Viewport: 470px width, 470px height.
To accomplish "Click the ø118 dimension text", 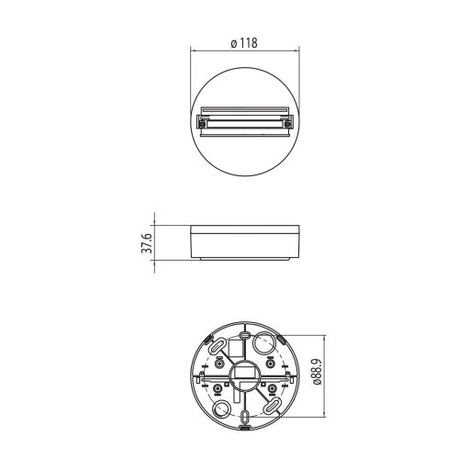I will point(243,42).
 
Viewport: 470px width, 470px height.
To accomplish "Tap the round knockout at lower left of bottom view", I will point(221,409).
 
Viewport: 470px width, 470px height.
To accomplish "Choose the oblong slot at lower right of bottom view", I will point(274,407).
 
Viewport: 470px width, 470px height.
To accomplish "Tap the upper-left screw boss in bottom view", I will point(218,364).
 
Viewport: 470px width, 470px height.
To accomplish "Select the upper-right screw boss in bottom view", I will point(271,364).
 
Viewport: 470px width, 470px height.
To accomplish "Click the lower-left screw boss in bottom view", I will point(218,391).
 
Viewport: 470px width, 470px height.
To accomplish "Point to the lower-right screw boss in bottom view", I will point(271,391).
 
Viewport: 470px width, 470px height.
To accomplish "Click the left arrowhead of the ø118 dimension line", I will point(193,51).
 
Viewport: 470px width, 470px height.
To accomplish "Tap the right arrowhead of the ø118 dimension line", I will point(296,51).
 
